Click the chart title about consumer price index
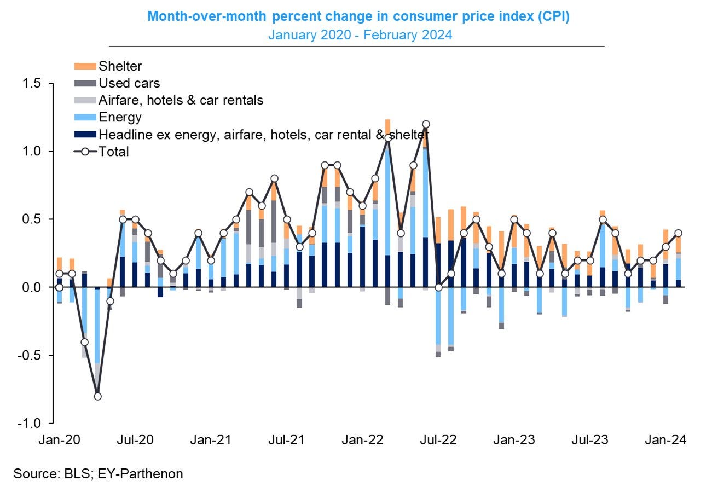(x=358, y=17)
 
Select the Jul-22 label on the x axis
(x=439, y=440)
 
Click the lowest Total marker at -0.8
(x=97, y=396)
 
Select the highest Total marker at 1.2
(x=426, y=124)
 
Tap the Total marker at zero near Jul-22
(x=438, y=287)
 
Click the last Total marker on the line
(x=678, y=233)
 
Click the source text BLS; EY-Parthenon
(x=99, y=473)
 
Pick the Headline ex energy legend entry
(x=263, y=135)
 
